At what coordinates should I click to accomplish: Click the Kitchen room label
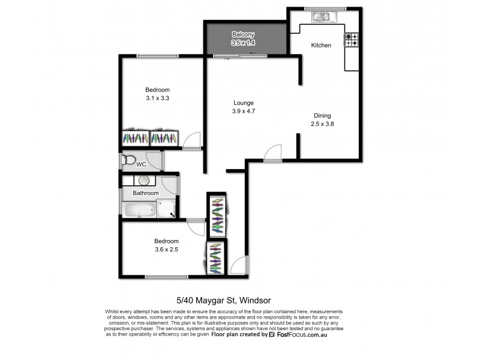click(x=321, y=45)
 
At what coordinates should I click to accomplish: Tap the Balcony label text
click(x=242, y=35)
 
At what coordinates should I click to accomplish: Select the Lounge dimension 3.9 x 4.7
click(x=244, y=111)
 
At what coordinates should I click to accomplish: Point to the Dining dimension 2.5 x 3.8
click(x=322, y=124)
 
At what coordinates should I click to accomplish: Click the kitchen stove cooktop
click(x=351, y=40)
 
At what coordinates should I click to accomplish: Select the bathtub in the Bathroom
click(x=139, y=210)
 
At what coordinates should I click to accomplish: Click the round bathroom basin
click(x=144, y=180)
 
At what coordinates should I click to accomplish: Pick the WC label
click(x=142, y=164)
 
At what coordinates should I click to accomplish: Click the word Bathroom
click(x=146, y=193)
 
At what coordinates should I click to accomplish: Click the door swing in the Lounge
click(x=272, y=152)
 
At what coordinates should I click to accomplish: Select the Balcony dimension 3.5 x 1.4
click(x=242, y=43)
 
